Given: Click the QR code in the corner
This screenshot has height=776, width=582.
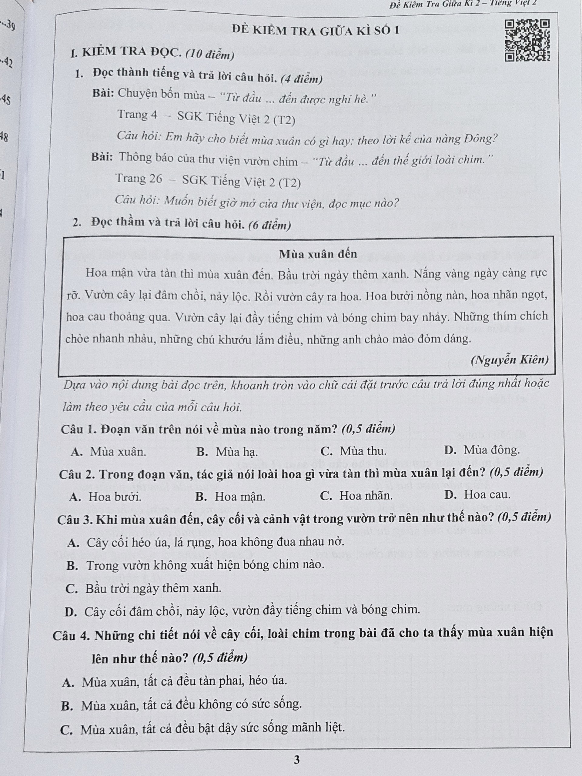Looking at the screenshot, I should (527, 40).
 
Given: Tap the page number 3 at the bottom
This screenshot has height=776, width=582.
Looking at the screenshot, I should (297, 760).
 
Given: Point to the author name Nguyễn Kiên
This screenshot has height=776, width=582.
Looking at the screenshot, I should (510, 360).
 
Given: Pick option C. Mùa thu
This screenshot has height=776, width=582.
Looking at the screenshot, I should (353, 451).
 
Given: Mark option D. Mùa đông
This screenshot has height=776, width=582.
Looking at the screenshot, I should (482, 450).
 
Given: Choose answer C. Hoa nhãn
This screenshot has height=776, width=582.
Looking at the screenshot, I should (356, 495).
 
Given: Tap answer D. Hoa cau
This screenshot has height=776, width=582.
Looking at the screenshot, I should (477, 495).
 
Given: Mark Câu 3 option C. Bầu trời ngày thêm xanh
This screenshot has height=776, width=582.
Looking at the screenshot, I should (144, 588).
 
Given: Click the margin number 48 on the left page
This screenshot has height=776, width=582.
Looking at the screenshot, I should (4, 137).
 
